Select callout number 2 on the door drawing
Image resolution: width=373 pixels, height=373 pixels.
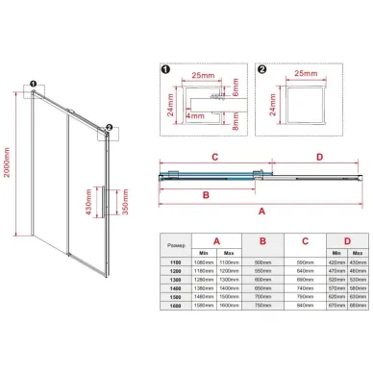111,128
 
